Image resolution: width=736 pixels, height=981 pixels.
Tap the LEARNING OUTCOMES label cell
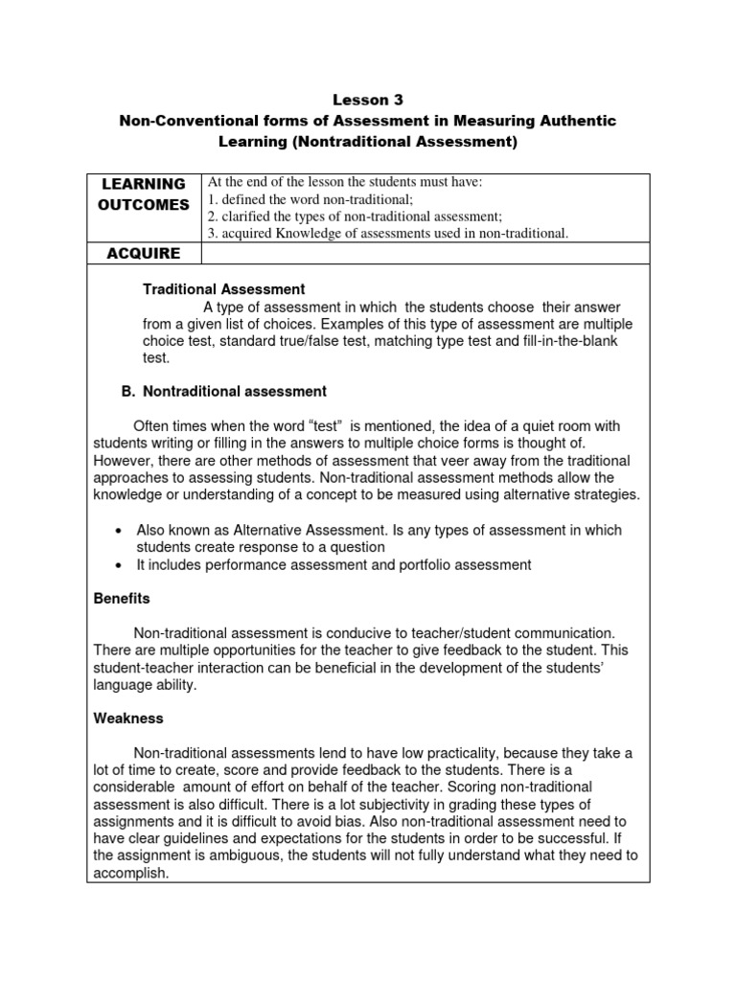pyautogui.click(x=144, y=194)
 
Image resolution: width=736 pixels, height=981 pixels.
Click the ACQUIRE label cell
pyautogui.click(x=144, y=253)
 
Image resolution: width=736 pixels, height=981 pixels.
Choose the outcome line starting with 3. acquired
pyautogui.click(x=388, y=234)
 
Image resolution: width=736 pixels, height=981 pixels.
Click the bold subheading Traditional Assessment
pyautogui.click(x=224, y=288)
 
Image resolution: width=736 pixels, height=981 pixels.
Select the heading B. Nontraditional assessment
pyautogui.click(x=223, y=392)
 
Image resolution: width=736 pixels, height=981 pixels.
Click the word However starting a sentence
pyautogui.click(x=123, y=461)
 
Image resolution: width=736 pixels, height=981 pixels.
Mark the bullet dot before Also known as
pyautogui.click(x=116, y=531)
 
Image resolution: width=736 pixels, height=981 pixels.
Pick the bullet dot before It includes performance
pyautogui.click(x=116, y=565)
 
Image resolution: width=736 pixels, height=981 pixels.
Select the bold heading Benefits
pyautogui.click(x=122, y=599)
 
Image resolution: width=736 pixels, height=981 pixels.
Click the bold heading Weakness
pyautogui.click(x=128, y=719)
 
